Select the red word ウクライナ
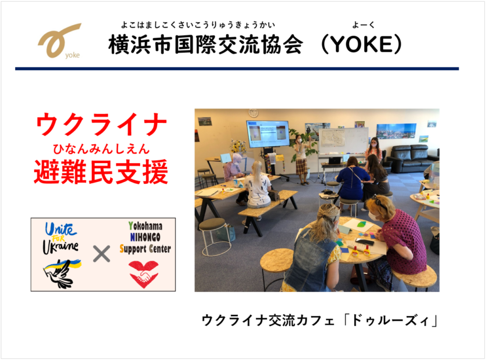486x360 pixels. (x=102, y=124)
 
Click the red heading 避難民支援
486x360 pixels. (x=101, y=172)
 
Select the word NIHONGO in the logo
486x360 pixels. (x=145, y=237)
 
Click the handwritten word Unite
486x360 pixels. (x=61, y=229)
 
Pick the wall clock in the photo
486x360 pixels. (x=253, y=113)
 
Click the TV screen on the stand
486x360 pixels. (x=268, y=134)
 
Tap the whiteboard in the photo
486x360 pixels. (x=344, y=141)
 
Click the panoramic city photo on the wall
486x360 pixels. (x=396, y=131)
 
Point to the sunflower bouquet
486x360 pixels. (x=238, y=147)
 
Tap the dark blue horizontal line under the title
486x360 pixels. (x=237, y=69)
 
